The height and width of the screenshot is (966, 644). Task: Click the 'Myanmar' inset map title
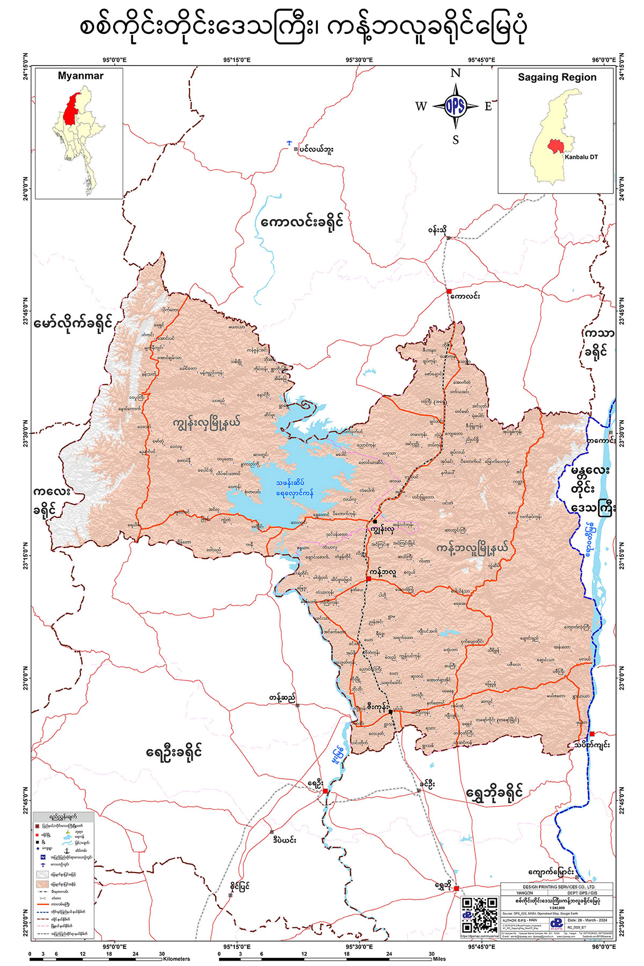80,76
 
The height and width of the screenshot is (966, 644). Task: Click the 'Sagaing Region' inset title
557,77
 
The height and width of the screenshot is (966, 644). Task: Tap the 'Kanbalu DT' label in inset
581,157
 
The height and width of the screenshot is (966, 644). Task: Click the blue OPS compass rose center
455,106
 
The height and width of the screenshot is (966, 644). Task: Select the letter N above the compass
455,74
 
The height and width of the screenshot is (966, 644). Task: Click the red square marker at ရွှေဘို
456,888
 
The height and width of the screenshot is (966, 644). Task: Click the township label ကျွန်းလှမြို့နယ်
207,423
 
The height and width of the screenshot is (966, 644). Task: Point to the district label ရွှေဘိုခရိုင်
495,792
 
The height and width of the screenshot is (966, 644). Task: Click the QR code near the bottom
479,915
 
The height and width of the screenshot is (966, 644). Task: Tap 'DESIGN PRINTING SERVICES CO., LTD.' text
557,887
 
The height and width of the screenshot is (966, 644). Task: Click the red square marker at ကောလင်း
449,291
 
